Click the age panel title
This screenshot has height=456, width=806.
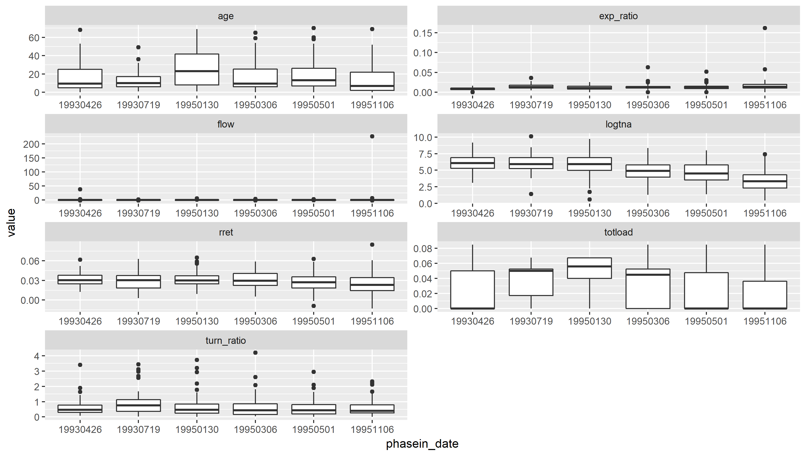coord(225,16)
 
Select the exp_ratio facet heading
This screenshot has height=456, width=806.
coord(618,16)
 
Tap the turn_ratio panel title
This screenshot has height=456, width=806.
coord(225,340)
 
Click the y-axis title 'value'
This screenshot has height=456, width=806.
coord(11,222)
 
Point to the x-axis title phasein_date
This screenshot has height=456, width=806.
coord(422,444)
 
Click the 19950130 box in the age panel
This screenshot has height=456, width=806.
coord(197,69)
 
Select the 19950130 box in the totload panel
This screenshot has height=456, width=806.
coord(589,268)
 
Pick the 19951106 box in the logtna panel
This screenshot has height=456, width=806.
coord(765,181)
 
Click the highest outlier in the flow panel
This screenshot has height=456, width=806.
coord(372,136)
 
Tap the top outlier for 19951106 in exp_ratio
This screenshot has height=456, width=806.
coord(765,28)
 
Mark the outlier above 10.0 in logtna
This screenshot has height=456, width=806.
coord(531,136)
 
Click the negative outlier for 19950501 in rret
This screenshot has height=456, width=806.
coord(314,306)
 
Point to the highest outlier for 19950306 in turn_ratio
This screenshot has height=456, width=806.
coord(255,353)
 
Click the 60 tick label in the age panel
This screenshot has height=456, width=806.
coord(34,38)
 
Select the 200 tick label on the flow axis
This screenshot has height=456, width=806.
coord(31,144)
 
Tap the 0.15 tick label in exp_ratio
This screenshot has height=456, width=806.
coord(423,33)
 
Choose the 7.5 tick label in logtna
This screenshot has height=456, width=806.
coord(425,154)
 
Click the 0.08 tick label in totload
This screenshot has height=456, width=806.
coord(423,249)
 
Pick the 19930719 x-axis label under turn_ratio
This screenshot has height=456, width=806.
coord(138,429)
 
